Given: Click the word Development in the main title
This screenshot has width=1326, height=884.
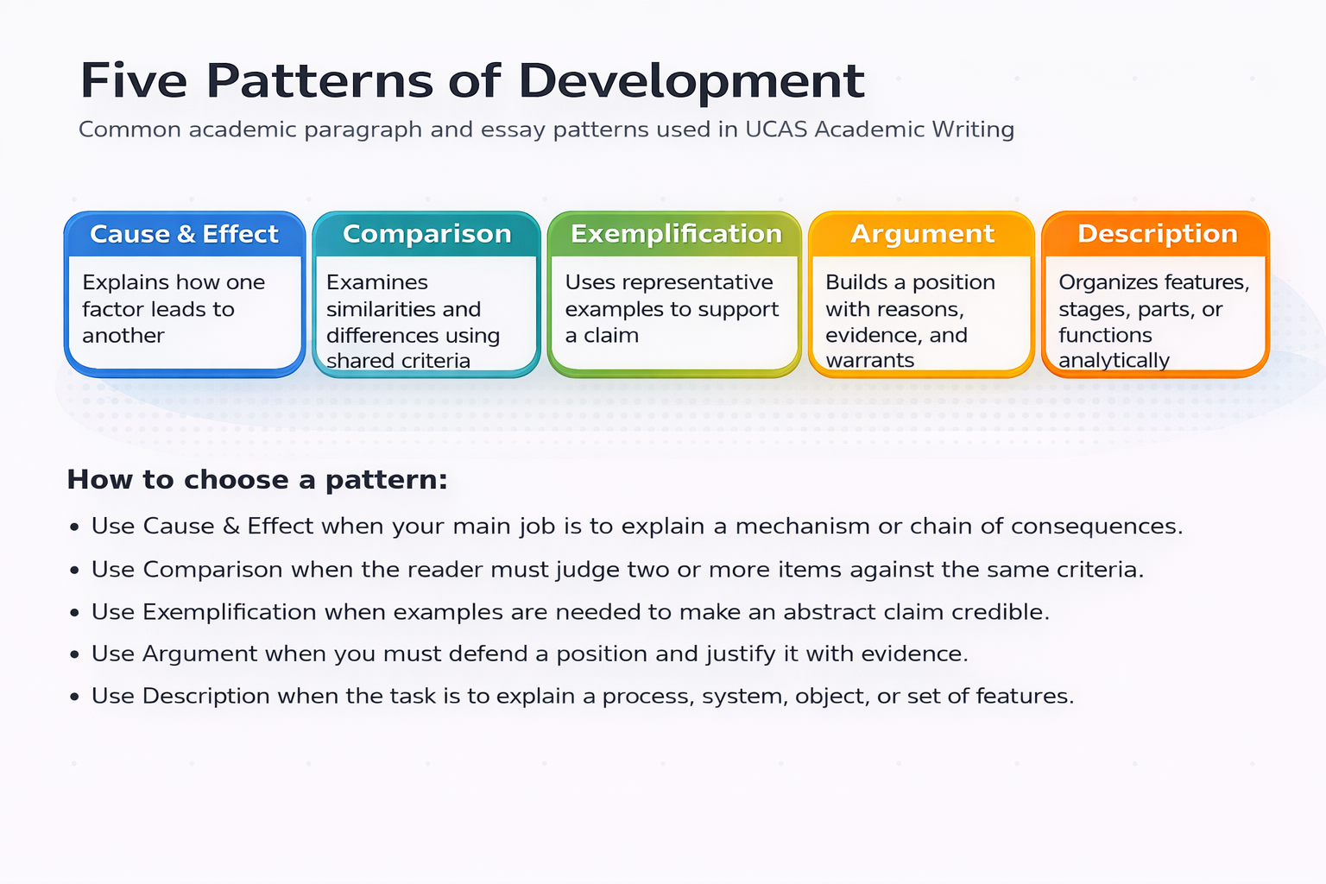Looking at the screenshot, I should click(x=691, y=82).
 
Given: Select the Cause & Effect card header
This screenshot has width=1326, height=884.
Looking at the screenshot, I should click(x=184, y=234).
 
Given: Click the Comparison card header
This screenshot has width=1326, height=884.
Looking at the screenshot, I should click(x=426, y=234).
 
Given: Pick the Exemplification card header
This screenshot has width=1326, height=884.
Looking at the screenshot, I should click(x=676, y=234).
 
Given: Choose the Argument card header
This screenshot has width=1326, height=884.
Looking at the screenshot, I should click(x=922, y=234).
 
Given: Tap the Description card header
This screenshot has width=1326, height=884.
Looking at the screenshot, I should click(x=1157, y=234).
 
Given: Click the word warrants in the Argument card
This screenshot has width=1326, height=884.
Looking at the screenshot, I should click(x=869, y=361).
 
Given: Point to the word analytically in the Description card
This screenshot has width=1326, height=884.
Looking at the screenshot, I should click(x=1114, y=361).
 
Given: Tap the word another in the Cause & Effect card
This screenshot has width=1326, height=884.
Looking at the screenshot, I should click(x=123, y=335).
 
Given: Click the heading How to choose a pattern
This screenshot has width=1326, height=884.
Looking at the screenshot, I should click(x=257, y=480).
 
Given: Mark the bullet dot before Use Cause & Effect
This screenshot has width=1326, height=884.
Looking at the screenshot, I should click(x=75, y=527).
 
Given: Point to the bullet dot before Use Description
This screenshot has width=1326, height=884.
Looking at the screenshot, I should click(x=75, y=697).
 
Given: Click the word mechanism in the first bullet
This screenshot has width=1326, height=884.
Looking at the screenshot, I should click(x=802, y=527).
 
